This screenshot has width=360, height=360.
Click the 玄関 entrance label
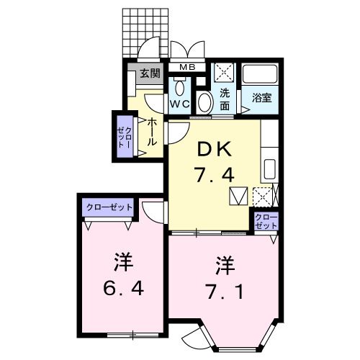click(x=149, y=73)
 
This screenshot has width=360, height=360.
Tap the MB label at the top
click(x=186, y=68)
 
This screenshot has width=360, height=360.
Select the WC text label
click(x=179, y=104)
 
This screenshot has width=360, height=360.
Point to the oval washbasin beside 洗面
click(x=204, y=102)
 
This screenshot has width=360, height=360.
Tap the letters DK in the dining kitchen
click(x=215, y=149)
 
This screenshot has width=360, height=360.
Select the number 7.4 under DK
click(x=215, y=174)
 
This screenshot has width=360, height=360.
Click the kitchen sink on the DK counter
click(x=269, y=170)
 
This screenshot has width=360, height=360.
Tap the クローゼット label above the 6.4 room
click(x=109, y=207)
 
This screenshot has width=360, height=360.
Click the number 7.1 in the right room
click(x=225, y=280)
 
